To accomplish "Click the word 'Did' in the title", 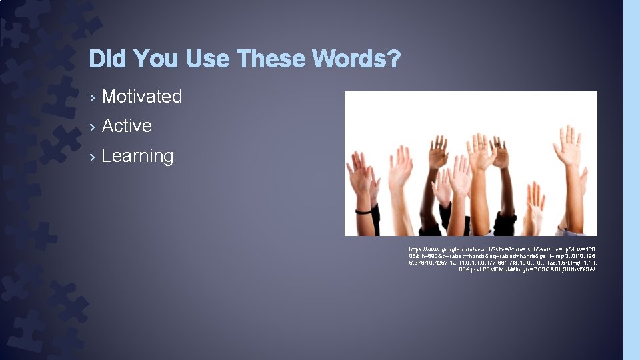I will [x=107, y=59].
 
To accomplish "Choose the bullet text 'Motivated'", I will [x=142, y=97].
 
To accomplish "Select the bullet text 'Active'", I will [x=127, y=126].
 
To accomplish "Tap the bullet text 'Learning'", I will [x=137, y=156].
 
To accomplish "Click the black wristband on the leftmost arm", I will [x=363, y=211].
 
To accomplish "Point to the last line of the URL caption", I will [x=526, y=270].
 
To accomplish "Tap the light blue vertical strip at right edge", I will [x=631, y=180].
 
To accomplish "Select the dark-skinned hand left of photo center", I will [x=438, y=152].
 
